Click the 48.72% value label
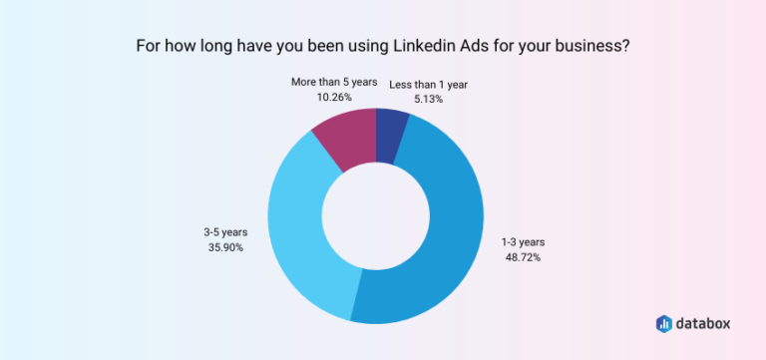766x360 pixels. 522,257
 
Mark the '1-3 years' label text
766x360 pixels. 522,242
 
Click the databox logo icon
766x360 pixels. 664,323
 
